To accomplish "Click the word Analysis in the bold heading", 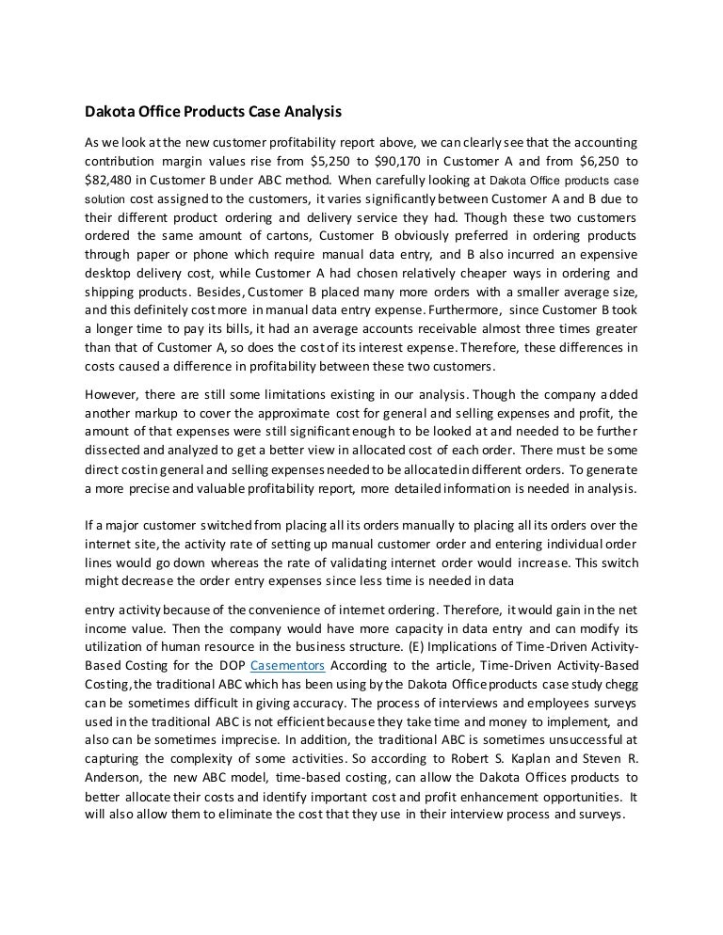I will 310,112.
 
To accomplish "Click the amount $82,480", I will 109,179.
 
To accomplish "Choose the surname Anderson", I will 115,777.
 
